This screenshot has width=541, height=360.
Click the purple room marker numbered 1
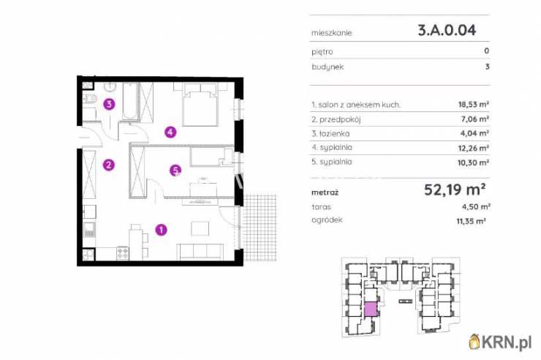(161, 230)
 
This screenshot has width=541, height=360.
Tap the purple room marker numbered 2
(109, 165)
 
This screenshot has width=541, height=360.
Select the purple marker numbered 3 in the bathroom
(110, 104)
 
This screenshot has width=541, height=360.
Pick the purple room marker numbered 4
(170, 132)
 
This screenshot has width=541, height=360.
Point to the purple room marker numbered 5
(175, 170)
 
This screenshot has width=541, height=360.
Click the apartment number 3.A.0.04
(447, 30)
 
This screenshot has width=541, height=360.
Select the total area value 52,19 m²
(455, 190)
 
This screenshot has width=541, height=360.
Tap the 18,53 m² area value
(474, 105)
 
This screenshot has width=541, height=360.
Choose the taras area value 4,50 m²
(476, 207)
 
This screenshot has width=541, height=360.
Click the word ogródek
(327, 220)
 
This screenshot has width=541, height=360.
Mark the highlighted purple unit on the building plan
(370, 310)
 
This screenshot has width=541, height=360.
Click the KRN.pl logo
(500, 342)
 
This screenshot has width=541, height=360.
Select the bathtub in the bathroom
(129, 101)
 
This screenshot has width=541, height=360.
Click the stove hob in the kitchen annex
(123, 253)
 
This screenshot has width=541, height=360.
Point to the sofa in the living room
(200, 251)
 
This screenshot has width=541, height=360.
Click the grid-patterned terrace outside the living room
(260, 228)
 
